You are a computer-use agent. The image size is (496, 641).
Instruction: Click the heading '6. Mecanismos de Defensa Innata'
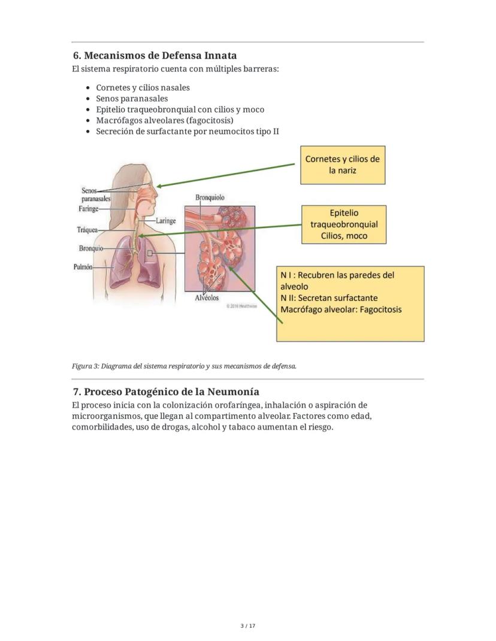click(155, 56)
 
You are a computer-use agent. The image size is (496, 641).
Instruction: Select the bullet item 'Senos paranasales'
click(132, 99)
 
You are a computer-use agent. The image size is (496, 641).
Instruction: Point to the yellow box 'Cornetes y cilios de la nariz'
click(342, 165)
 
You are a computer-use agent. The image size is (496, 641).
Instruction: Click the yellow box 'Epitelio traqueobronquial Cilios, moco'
click(344, 224)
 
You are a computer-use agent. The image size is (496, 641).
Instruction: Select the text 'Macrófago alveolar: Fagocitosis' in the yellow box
click(341, 309)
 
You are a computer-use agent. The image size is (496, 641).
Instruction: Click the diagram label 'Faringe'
click(89, 209)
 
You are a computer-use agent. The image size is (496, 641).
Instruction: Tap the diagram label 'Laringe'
click(165, 221)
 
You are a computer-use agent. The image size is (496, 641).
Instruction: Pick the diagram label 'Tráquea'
click(87, 230)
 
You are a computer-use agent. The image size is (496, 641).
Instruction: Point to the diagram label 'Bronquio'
click(90, 248)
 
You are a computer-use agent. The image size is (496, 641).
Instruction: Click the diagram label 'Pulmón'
click(83, 268)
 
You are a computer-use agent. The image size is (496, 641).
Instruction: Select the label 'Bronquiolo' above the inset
click(210, 197)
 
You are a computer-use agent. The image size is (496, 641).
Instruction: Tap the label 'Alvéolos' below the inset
click(207, 297)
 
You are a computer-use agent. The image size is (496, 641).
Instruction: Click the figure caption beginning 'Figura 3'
click(184, 366)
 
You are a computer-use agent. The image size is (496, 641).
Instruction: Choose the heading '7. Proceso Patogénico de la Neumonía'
click(166, 392)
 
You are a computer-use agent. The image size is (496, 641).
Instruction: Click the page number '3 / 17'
click(247, 626)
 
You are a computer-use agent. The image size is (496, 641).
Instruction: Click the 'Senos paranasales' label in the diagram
click(95, 195)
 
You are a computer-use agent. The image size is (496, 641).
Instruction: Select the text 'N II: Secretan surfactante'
click(329, 298)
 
